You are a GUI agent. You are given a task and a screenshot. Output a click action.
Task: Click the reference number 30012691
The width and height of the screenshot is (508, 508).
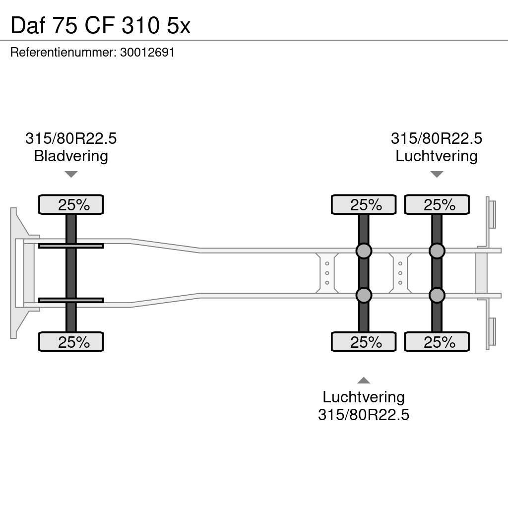point(147,52)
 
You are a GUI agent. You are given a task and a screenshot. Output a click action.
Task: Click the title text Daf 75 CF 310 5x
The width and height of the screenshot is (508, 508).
point(100,26)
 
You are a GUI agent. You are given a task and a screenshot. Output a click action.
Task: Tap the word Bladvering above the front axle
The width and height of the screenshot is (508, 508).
point(71,156)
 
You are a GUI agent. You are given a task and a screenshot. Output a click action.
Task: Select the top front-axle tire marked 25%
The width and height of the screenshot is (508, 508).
point(71,205)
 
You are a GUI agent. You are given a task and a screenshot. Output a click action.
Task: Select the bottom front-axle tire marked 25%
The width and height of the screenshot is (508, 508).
point(71,342)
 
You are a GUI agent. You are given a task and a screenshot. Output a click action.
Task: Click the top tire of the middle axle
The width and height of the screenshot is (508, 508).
point(364,205)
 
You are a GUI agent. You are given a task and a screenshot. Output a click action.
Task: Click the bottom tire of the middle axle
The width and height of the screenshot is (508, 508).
point(364,342)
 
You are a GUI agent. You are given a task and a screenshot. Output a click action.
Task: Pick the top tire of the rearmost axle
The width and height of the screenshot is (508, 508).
point(437,205)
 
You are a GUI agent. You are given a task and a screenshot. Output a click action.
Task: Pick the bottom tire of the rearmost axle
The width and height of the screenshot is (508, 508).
point(437,342)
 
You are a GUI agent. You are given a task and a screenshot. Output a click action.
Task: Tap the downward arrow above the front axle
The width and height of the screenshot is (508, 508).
point(71,174)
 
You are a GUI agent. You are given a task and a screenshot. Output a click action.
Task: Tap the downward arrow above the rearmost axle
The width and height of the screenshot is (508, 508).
point(437,174)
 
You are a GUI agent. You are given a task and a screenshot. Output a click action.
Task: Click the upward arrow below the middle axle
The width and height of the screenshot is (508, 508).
point(364,381)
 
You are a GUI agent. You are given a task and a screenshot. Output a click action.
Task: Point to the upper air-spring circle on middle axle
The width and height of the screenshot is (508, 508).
point(364,251)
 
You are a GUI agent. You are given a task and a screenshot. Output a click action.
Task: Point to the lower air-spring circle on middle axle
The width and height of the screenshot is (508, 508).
point(364,296)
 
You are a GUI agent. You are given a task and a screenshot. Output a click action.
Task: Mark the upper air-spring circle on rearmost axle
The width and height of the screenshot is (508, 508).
point(437,251)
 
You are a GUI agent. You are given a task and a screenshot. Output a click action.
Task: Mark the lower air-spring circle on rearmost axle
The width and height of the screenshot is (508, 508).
point(437,296)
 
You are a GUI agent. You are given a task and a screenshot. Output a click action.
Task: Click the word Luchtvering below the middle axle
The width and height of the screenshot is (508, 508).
point(364,397)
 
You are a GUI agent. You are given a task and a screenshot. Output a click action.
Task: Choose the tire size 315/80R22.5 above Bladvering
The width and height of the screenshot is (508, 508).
point(71,138)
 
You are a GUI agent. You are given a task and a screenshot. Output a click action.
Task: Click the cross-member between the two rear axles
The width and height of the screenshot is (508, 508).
point(400,273)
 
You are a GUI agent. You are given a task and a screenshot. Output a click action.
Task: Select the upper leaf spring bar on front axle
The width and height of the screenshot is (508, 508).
point(71,246)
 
